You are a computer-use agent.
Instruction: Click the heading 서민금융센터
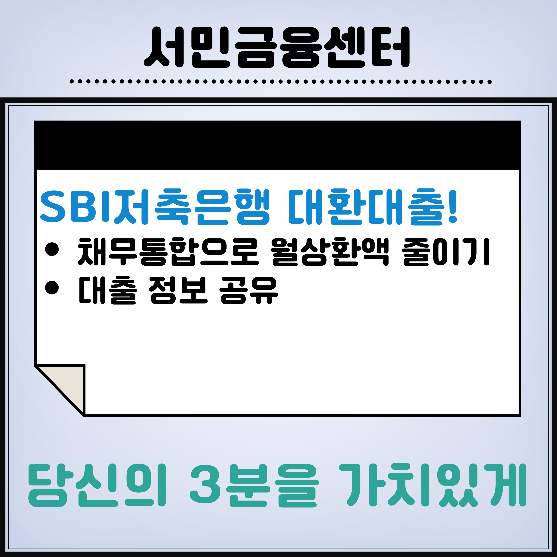click(x=277, y=47)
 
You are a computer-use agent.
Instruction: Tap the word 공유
click(x=248, y=290)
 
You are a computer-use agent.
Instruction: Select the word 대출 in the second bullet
click(x=107, y=290)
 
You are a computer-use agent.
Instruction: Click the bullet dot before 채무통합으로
click(x=52, y=249)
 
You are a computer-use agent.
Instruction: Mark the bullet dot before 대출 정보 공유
click(x=52, y=288)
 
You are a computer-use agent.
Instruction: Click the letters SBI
click(x=76, y=207)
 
